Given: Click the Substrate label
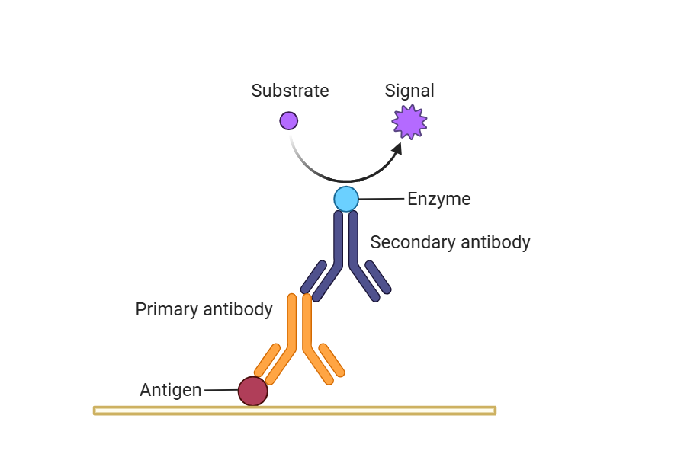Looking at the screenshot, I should tap(290, 91).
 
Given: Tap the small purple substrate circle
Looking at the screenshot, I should tap(288, 120).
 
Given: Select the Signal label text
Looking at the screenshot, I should tap(409, 91).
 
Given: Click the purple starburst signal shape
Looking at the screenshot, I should tap(409, 122).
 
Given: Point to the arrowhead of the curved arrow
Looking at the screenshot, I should tap(397, 148).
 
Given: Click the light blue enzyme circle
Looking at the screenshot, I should tap(346, 199).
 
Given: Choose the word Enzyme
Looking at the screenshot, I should tap(439, 200).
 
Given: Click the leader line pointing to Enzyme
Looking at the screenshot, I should tap(381, 200).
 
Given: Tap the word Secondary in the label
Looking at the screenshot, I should tap(405, 243).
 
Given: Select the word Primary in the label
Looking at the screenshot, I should tap(165, 309).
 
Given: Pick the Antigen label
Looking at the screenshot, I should tap(171, 391).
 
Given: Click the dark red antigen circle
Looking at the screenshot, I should tap(252, 391).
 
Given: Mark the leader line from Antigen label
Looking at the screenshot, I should tap(221, 391).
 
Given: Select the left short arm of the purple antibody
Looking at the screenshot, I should tap(313, 277).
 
